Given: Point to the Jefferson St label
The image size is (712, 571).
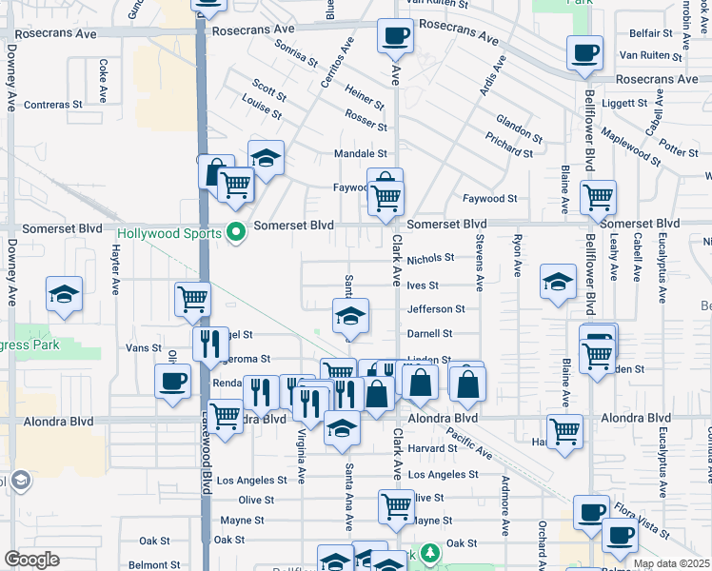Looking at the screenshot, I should pyautogui.click(x=436, y=309).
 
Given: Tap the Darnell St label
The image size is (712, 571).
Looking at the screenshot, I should pyautogui.click(x=429, y=334).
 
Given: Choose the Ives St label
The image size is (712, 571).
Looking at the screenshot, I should pyautogui.click(x=422, y=285).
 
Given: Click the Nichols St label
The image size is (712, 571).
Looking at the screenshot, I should pyautogui.click(x=431, y=259).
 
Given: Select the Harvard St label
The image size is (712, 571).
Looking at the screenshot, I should pyautogui.click(x=432, y=448).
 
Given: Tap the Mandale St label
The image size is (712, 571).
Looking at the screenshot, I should pyautogui.click(x=361, y=153).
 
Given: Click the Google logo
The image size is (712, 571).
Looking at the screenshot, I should pyautogui.click(x=31, y=560).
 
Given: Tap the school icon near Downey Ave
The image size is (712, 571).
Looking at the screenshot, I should pyautogui.click(x=64, y=294).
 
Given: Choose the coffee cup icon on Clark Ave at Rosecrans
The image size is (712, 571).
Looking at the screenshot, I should pyautogui.click(x=394, y=38).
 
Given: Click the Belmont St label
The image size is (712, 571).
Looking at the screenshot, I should pyautogui.click(x=148, y=564).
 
